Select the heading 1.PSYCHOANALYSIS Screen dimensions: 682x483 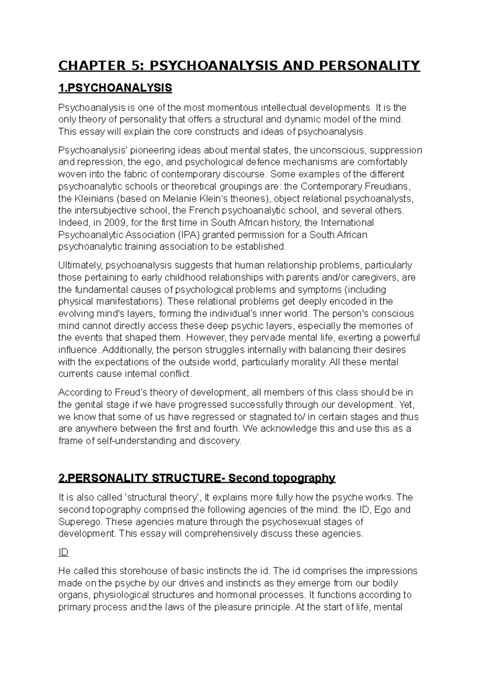(x=115, y=88)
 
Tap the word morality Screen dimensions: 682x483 (x=310, y=362)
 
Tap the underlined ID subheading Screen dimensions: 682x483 (x=63, y=553)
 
